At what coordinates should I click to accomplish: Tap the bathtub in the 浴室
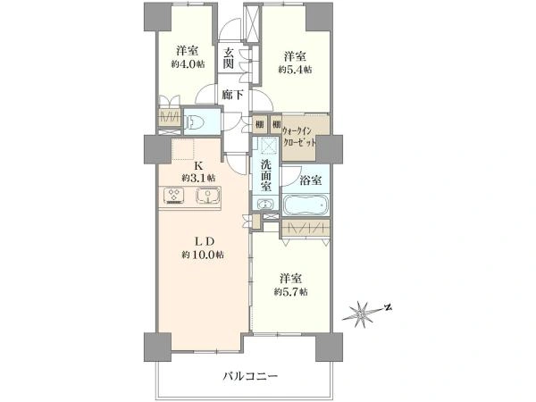tap(306, 205)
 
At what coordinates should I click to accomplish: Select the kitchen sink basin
tap(207, 196)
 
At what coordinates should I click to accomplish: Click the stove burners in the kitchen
tap(174, 196)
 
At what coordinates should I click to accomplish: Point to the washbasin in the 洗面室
tap(265, 204)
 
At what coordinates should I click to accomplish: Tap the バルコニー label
tap(250, 377)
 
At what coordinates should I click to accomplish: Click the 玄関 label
tap(229, 58)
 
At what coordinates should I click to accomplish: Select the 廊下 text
tap(232, 95)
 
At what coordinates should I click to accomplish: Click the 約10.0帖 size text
tap(203, 255)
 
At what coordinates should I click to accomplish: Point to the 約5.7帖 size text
tap(291, 292)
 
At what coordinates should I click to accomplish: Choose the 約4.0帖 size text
tap(188, 64)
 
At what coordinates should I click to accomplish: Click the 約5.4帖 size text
tap(295, 70)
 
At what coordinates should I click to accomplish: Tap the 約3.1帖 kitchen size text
tap(198, 178)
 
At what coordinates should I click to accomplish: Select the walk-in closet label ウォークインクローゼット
tap(299, 137)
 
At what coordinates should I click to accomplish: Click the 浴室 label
tap(310, 180)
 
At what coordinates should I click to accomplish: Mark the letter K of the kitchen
tap(198, 166)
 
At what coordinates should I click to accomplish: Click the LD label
tap(205, 242)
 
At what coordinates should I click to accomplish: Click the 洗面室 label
tap(266, 176)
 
